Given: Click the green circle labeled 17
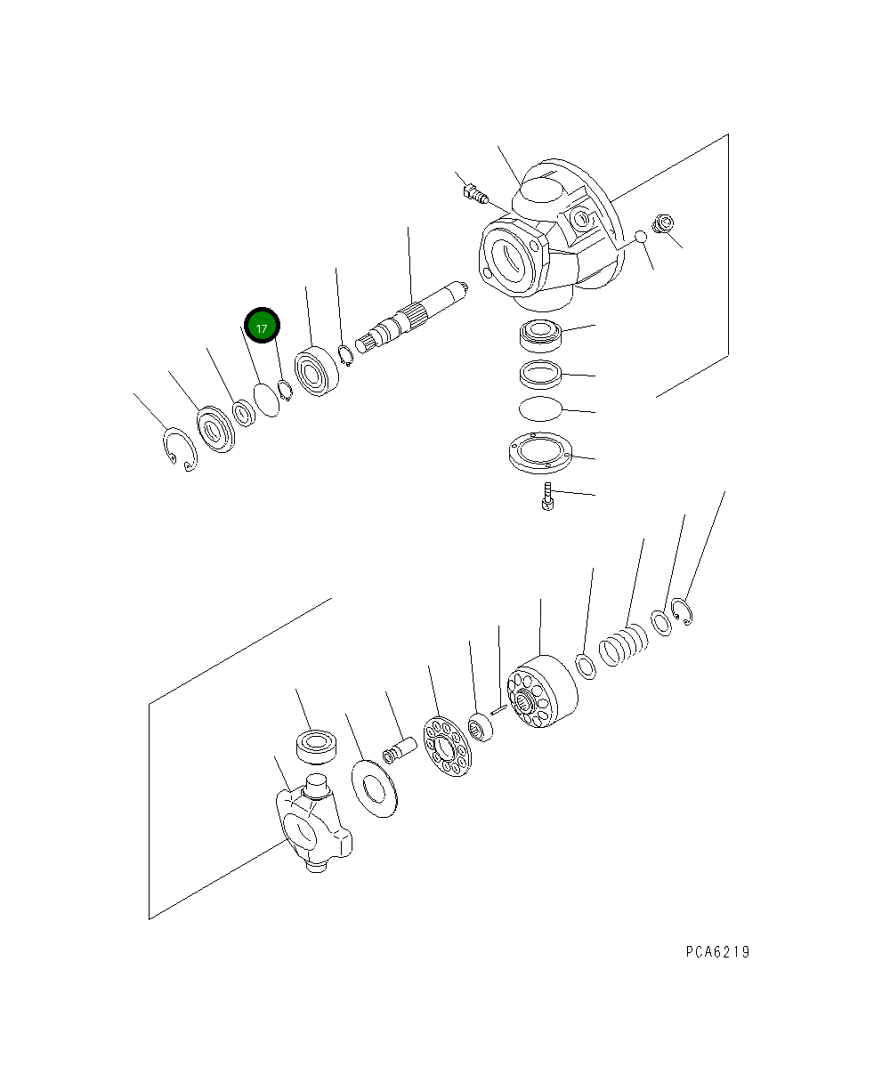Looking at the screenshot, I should [x=262, y=328].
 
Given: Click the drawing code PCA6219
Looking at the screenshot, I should [x=717, y=952].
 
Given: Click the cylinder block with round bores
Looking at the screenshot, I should [x=540, y=698].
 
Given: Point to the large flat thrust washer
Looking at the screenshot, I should [x=375, y=788].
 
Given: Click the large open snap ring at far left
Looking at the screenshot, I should [x=181, y=449].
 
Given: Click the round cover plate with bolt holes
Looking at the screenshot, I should [x=539, y=452].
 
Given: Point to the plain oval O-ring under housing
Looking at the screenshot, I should [x=539, y=408].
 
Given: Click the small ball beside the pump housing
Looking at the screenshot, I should [x=638, y=238].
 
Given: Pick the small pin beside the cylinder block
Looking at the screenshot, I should [x=498, y=709].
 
